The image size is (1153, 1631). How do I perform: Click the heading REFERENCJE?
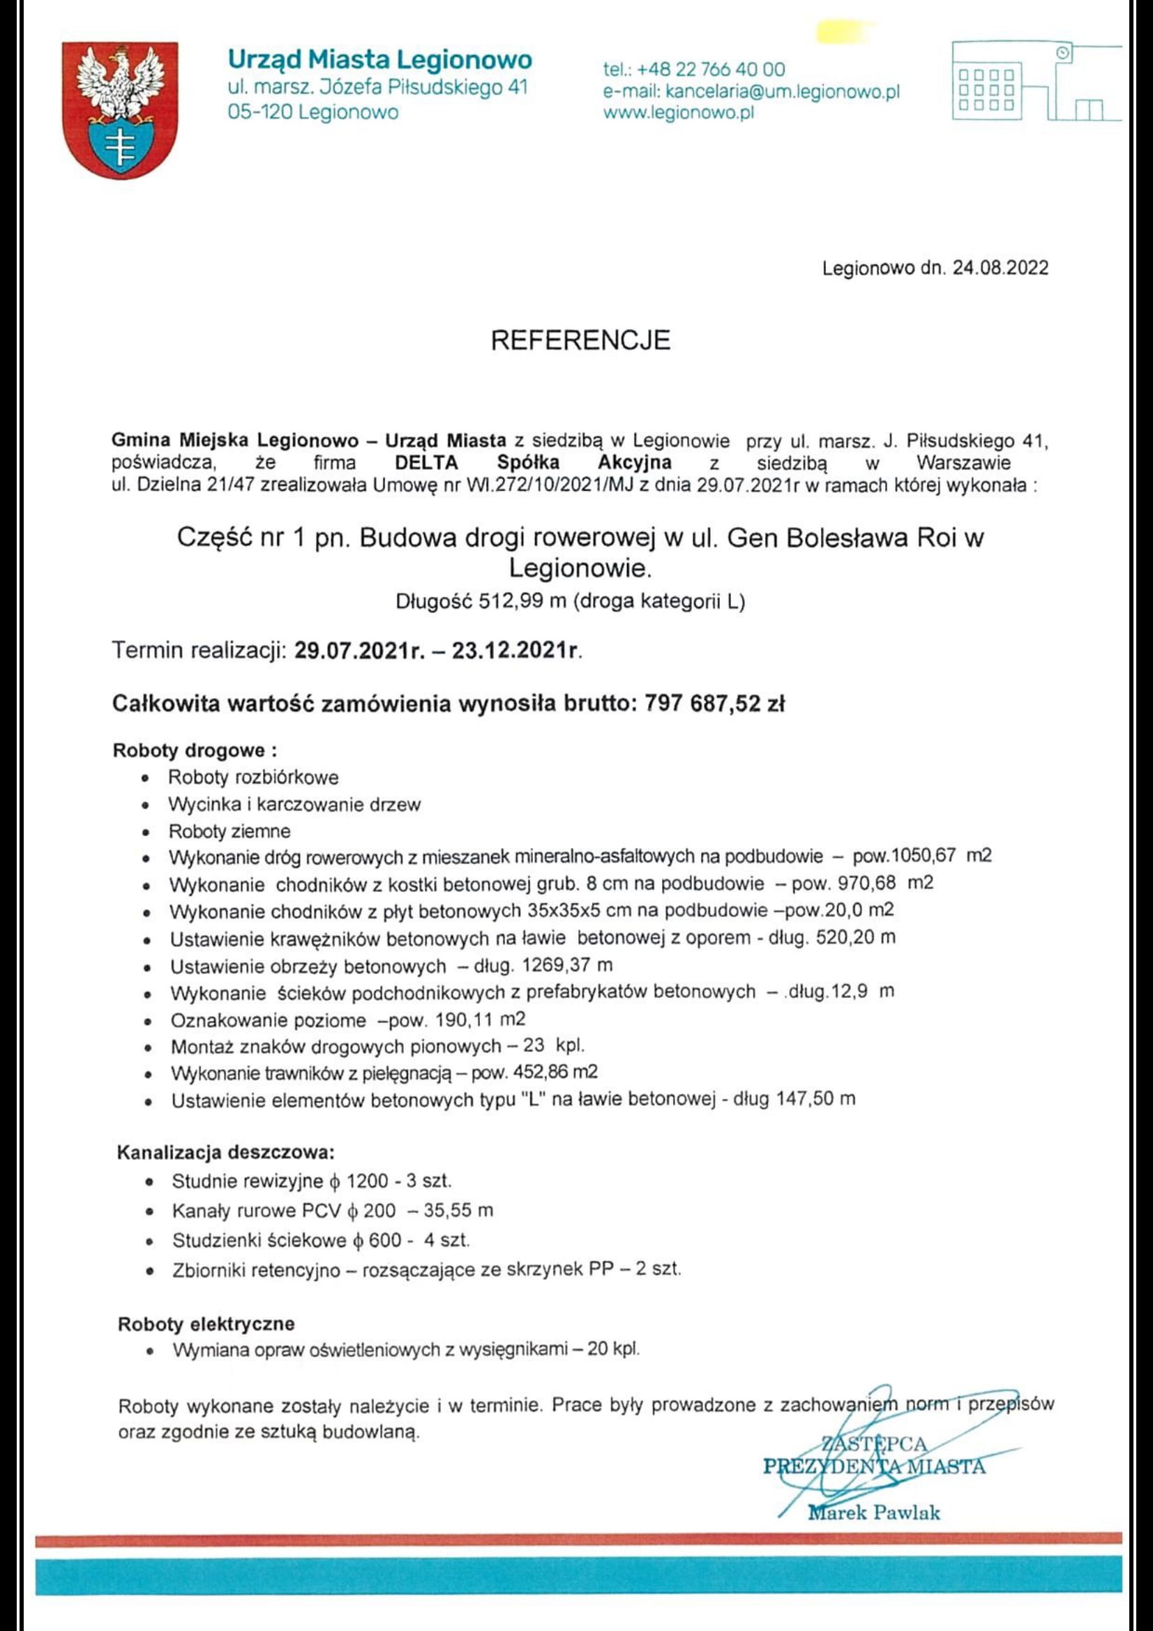pyautogui.click(x=580, y=340)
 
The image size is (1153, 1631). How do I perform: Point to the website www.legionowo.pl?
pyautogui.click(x=678, y=112)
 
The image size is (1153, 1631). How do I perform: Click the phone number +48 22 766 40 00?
pyautogui.click(x=711, y=70)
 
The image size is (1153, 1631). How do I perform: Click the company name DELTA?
pyautogui.click(x=426, y=463)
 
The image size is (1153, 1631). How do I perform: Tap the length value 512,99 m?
pyautogui.click(x=522, y=602)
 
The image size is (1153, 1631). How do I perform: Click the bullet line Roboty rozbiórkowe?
pyautogui.click(x=253, y=777)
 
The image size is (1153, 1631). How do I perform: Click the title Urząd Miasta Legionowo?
pyautogui.click(x=379, y=59)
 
